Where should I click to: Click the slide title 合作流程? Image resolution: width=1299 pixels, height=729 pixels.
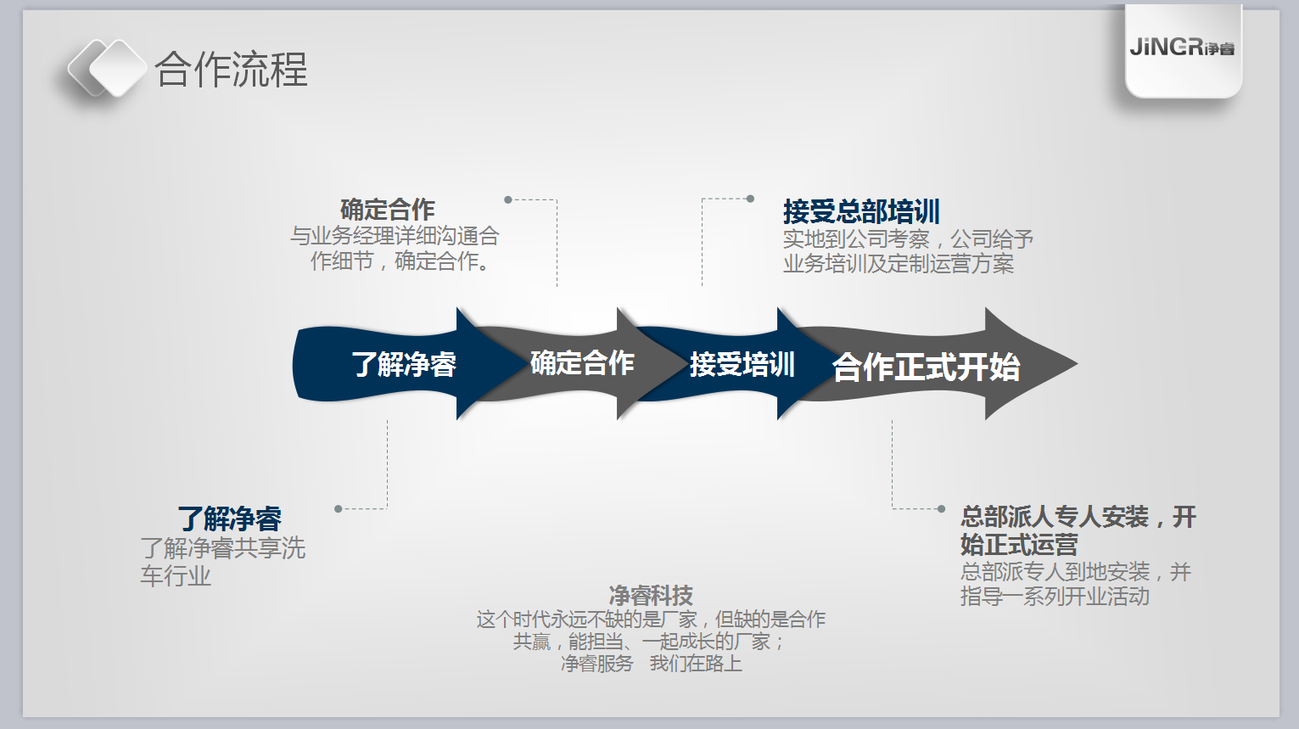pyautogui.click(x=231, y=70)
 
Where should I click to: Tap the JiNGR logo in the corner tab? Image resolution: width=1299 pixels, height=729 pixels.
pyautogui.click(x=1182, y=48)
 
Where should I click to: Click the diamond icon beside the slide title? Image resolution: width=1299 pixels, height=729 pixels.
pyautogui.click(x=107, y=68)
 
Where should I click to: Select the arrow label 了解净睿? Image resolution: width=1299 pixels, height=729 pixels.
pyautogui.click(x=404, y=364)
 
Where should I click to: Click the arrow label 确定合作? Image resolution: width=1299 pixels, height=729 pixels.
pyautogui.click(x=582, y=363)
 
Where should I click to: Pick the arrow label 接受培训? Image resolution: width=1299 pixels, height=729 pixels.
pyautogui.click(x=742, y=364)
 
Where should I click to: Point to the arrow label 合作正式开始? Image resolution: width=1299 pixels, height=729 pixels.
pyautogui.click(x=926, y=367)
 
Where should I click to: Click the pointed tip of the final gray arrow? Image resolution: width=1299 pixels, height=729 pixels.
pyautogui.click(x=1077, y=364)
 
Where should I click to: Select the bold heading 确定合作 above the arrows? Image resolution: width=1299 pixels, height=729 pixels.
pyautogui.click(x=388, y=210)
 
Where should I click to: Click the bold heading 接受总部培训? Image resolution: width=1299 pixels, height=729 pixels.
pyautogui.click(x=861, y=211)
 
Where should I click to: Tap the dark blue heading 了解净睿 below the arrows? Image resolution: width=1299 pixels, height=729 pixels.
pyautogui.click(x=230, y=519)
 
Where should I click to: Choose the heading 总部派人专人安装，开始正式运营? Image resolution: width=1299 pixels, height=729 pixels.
pyautogui.click(x=1078, y=530)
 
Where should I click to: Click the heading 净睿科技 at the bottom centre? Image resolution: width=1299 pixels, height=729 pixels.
pyautogui.click(x=651, y=596)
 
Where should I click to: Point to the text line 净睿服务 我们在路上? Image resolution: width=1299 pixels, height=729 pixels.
pyautogui.click(x=652, y=664)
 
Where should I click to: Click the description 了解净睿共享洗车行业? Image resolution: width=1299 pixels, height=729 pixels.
pyautogui.click(x=222, y=562)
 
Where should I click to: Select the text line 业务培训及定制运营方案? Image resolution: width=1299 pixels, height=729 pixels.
pyautogui.click(x=899, y=264)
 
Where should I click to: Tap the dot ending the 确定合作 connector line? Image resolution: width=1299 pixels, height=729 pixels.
pyautogui.click(x=508, y=200)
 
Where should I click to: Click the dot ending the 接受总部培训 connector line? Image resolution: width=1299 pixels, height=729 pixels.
pyautogui.click(x=750, y=199)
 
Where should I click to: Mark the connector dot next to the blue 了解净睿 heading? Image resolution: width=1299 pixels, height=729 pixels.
pyautogui.click(x=338, y=509)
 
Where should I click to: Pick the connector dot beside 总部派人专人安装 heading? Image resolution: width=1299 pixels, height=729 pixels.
pyautogui.click(x=941, y=509)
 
